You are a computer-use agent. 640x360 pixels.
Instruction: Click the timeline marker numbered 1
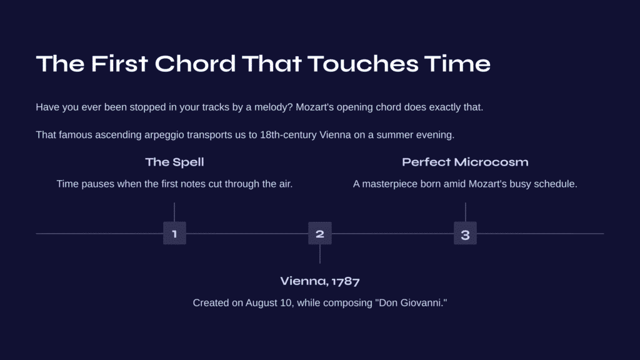pos(175,233)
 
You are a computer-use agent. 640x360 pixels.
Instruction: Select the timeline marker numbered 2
pos(320,233)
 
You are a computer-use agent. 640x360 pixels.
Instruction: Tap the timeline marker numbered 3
pos(465,233)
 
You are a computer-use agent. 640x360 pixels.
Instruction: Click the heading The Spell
pos(175,162)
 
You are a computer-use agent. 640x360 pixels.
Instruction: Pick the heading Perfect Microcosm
pos(465,162)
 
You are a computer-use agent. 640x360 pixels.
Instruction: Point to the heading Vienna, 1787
pos(320,281)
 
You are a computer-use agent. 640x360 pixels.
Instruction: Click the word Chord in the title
pos(195,64)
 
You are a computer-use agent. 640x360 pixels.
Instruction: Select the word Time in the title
pos(457,64)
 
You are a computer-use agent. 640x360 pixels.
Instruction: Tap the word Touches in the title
pos(363,64)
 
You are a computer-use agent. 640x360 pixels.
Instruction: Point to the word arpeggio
pos(164,135)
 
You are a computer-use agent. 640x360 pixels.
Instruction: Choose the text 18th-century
pos(288,135)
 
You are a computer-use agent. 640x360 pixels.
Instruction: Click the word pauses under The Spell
pos(99,184)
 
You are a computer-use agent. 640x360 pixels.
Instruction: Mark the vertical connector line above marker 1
pos(174,212)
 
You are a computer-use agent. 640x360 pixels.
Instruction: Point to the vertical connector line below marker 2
pos(320,254)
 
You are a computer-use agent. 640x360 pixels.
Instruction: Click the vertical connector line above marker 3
pos(465,212)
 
